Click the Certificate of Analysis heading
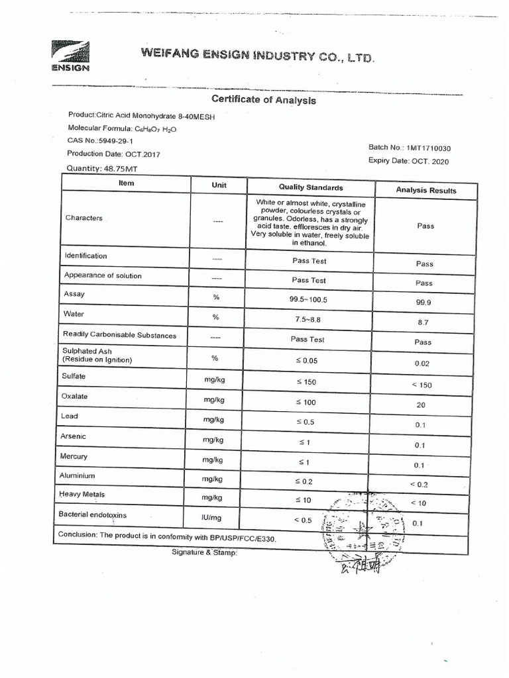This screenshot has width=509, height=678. coord(263,100)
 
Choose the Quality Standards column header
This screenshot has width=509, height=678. coord(310,187)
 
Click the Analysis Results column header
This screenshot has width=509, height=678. coord(425,190)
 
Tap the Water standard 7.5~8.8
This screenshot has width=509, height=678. coord(309,319)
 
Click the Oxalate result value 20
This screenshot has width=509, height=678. coord(421,405)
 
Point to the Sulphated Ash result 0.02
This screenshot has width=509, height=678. coord(422,363)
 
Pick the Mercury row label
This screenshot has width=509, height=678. coord(75,456)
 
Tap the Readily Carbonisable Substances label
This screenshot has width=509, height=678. coord(119,335)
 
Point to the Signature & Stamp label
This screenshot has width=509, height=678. coord(203,552)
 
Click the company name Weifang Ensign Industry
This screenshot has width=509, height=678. coord(257,56)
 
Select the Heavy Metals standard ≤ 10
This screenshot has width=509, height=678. coord(303,500)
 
